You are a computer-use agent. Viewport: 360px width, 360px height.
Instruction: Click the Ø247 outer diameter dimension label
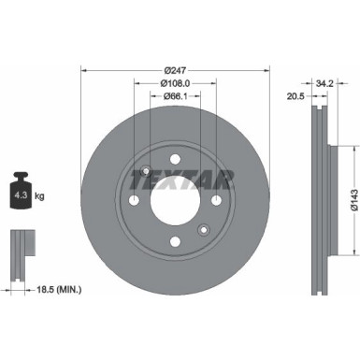pos(175,69)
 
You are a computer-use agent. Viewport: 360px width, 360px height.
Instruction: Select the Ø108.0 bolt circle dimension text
pos(175,82)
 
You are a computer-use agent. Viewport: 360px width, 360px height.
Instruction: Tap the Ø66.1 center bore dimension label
pos(175,95)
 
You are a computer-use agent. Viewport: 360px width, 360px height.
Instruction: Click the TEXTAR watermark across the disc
pos(176,177)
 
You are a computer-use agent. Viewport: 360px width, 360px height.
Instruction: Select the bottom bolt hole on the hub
pos(175,243)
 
